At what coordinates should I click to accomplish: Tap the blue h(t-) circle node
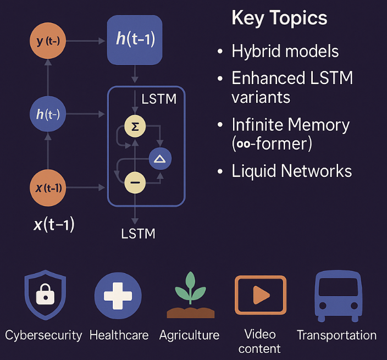pos(47,114)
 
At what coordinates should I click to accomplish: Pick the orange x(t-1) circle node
pos(47,188)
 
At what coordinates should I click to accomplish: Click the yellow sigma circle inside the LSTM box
pos(135,126)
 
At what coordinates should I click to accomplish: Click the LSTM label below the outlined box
pos(138,234)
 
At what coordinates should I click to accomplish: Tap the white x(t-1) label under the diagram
pos(54,224)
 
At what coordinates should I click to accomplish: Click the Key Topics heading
pos(279,18)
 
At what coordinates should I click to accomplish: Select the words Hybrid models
pos(285,51)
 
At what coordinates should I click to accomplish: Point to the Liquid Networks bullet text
pos(291,170)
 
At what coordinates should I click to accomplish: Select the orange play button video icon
pos(261,296)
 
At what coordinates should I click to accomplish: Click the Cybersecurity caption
pos(43,335)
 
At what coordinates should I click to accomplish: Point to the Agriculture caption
pos(189,335)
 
